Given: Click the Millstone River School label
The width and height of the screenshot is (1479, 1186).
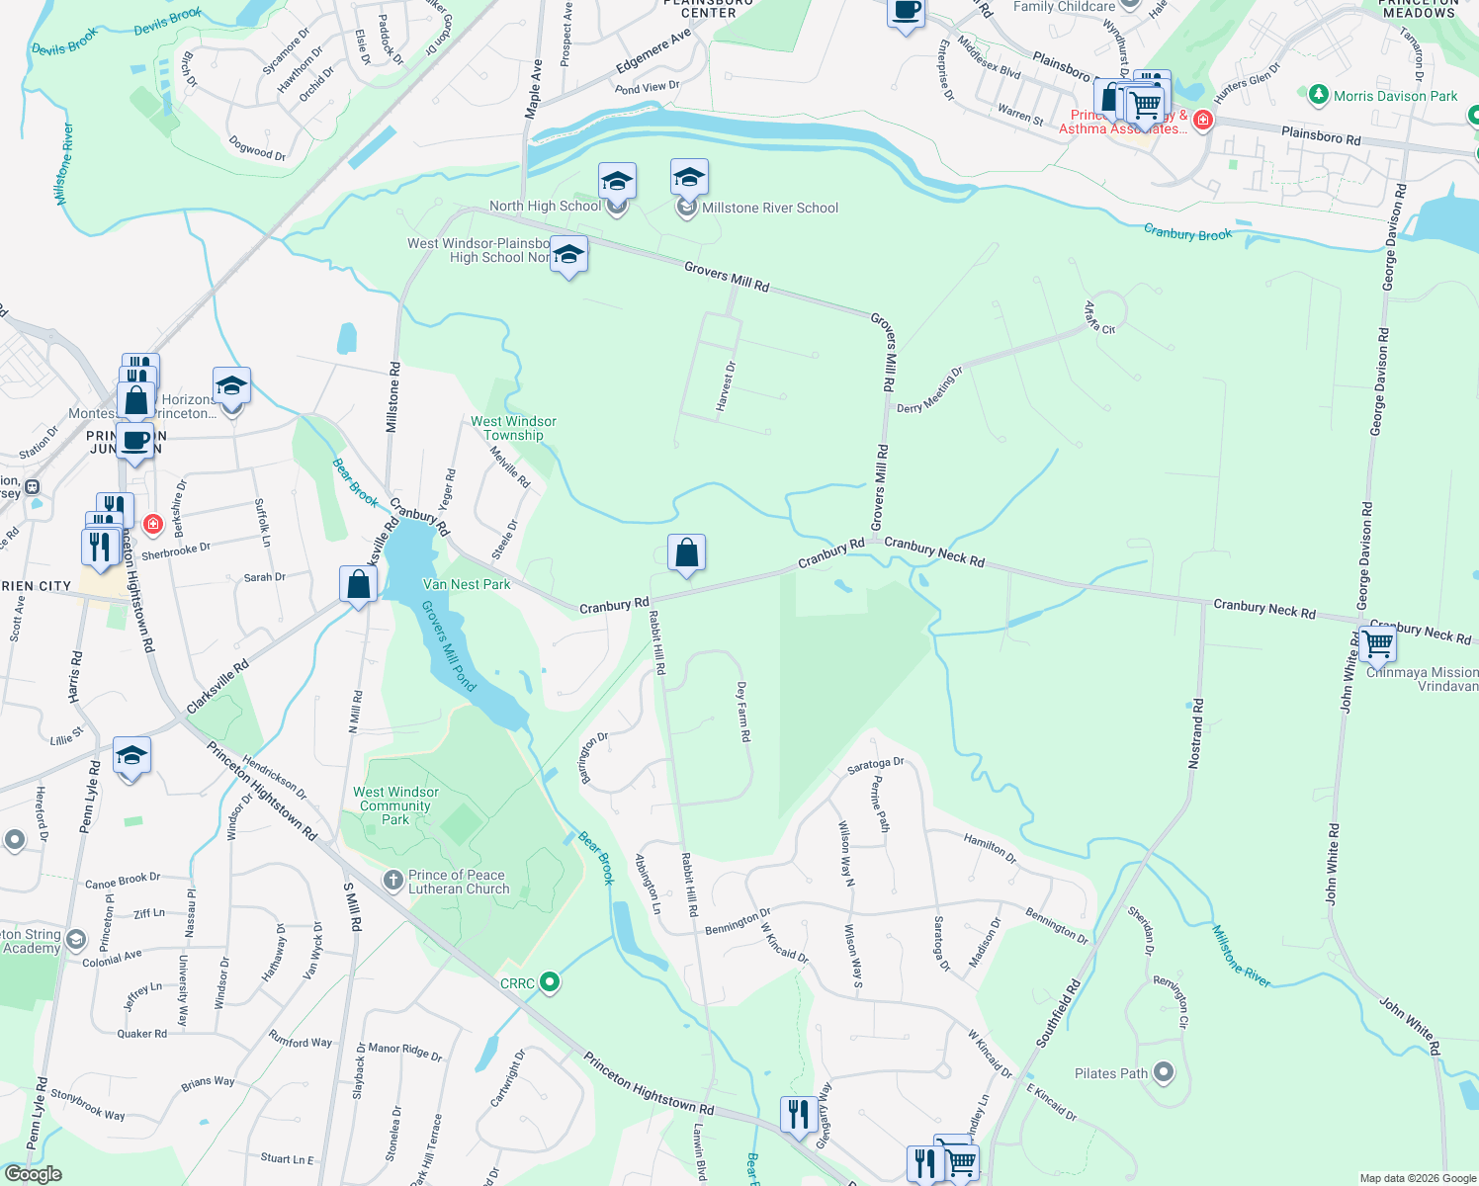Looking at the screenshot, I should pyautogui.click(x=769, y=208).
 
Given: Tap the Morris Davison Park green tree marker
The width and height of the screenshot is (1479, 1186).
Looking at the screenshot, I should pyautogui.click(x=1318, y=96).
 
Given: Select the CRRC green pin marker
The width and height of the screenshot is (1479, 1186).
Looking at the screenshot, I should pyautogui.click(x=551, y=982).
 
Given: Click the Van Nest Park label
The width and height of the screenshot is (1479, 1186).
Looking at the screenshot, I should pyautogui.click(x=467, y=584).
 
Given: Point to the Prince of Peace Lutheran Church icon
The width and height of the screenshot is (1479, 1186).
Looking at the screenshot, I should pyautogui.click(x=393, y=880).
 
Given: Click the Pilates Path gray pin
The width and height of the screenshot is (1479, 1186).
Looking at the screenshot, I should pyautogui.click(x=1164, y=1072).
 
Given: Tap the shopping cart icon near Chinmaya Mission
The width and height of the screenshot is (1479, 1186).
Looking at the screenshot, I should pyautogui.click(x=1377, y=644).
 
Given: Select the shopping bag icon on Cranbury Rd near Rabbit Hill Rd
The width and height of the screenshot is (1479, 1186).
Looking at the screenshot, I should pyautogui.click(x=686, y=554).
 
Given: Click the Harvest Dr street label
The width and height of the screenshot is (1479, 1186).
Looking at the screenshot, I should pyautogui.click(x=726, y=386).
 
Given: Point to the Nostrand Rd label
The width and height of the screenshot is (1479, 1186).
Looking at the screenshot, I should pyautogui.click(x=1196, y=733).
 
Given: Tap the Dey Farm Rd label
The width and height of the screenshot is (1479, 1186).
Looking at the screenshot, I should pyautogui.click(x=742, y=712).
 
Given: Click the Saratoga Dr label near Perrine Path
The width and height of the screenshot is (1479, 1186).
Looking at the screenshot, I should pyautogui.click(x=876, y=765).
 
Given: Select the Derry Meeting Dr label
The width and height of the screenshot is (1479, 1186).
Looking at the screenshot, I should pyautogui.click(x=929, y=390).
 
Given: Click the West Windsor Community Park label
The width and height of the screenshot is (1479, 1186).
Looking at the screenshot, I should pyautogui.click(x=395, y=805).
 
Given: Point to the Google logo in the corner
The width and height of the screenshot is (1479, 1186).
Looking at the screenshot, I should pyautogui.click(x=33, y=1174).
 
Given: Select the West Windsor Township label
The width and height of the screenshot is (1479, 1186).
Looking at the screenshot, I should pyautogui.click(x=513, y=428).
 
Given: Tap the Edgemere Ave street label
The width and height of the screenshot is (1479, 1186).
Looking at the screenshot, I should pyautogui.click(x=653, y=51).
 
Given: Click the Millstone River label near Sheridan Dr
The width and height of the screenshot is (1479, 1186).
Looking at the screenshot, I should pyautogui.click(x=1241, y=956).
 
